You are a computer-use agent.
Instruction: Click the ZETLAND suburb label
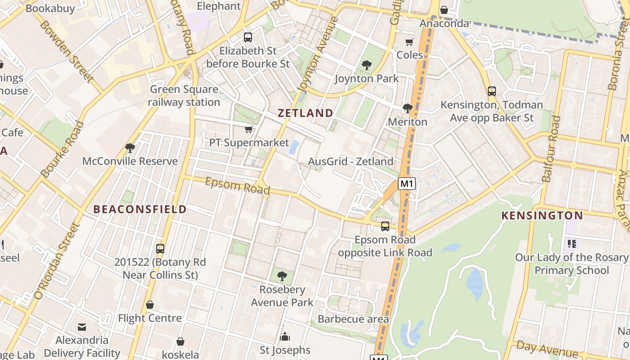(306, 113)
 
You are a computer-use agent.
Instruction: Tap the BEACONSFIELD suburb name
(140, 209)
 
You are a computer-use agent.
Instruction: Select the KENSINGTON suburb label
(542, 216)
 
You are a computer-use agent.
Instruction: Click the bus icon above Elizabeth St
(248, 37)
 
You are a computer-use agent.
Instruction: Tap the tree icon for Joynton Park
(367, 65)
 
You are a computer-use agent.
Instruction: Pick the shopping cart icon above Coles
(409, 42)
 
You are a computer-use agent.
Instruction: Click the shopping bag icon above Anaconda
(444, 10)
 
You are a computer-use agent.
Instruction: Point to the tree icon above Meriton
(408, 108)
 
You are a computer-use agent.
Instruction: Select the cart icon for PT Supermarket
(248, 130)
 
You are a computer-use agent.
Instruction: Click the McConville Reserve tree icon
(130, 148)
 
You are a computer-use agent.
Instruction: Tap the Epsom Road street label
(237, 186)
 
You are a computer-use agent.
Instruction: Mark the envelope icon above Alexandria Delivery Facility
(82, 327)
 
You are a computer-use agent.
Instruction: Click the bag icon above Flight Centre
(150, 305)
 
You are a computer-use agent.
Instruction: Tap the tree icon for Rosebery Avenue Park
(282, 276)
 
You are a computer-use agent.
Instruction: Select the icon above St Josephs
(285, 337)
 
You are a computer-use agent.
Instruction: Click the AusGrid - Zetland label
(351, 161)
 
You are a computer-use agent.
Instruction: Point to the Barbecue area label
(353, 319)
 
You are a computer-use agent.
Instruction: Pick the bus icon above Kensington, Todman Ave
(492, 91)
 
